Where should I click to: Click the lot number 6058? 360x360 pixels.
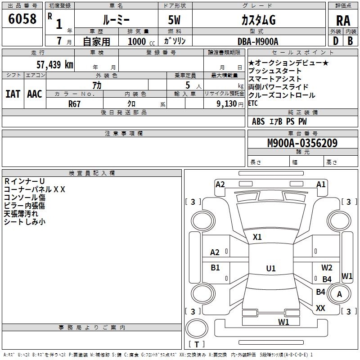22,19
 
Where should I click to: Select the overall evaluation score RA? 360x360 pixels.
343,21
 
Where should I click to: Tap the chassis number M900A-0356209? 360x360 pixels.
302,143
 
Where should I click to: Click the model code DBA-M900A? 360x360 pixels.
258,41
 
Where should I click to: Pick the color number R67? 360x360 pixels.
75,103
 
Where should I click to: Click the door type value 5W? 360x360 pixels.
175,21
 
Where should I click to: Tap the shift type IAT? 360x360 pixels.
13,94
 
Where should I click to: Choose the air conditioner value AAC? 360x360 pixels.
34,94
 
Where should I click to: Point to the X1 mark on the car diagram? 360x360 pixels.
257,237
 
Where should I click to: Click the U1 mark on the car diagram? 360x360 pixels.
270,269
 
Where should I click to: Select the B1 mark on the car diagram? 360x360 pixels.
216,268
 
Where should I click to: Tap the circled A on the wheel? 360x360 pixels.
339,294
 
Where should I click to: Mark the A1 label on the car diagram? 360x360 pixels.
321,184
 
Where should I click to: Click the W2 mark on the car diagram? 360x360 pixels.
327,268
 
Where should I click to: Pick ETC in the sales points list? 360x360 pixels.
253,103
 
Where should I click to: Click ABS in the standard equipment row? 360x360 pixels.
258,121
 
